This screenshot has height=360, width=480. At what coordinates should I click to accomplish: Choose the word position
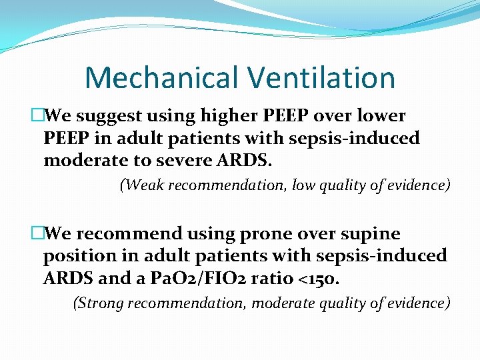(75, 256)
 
